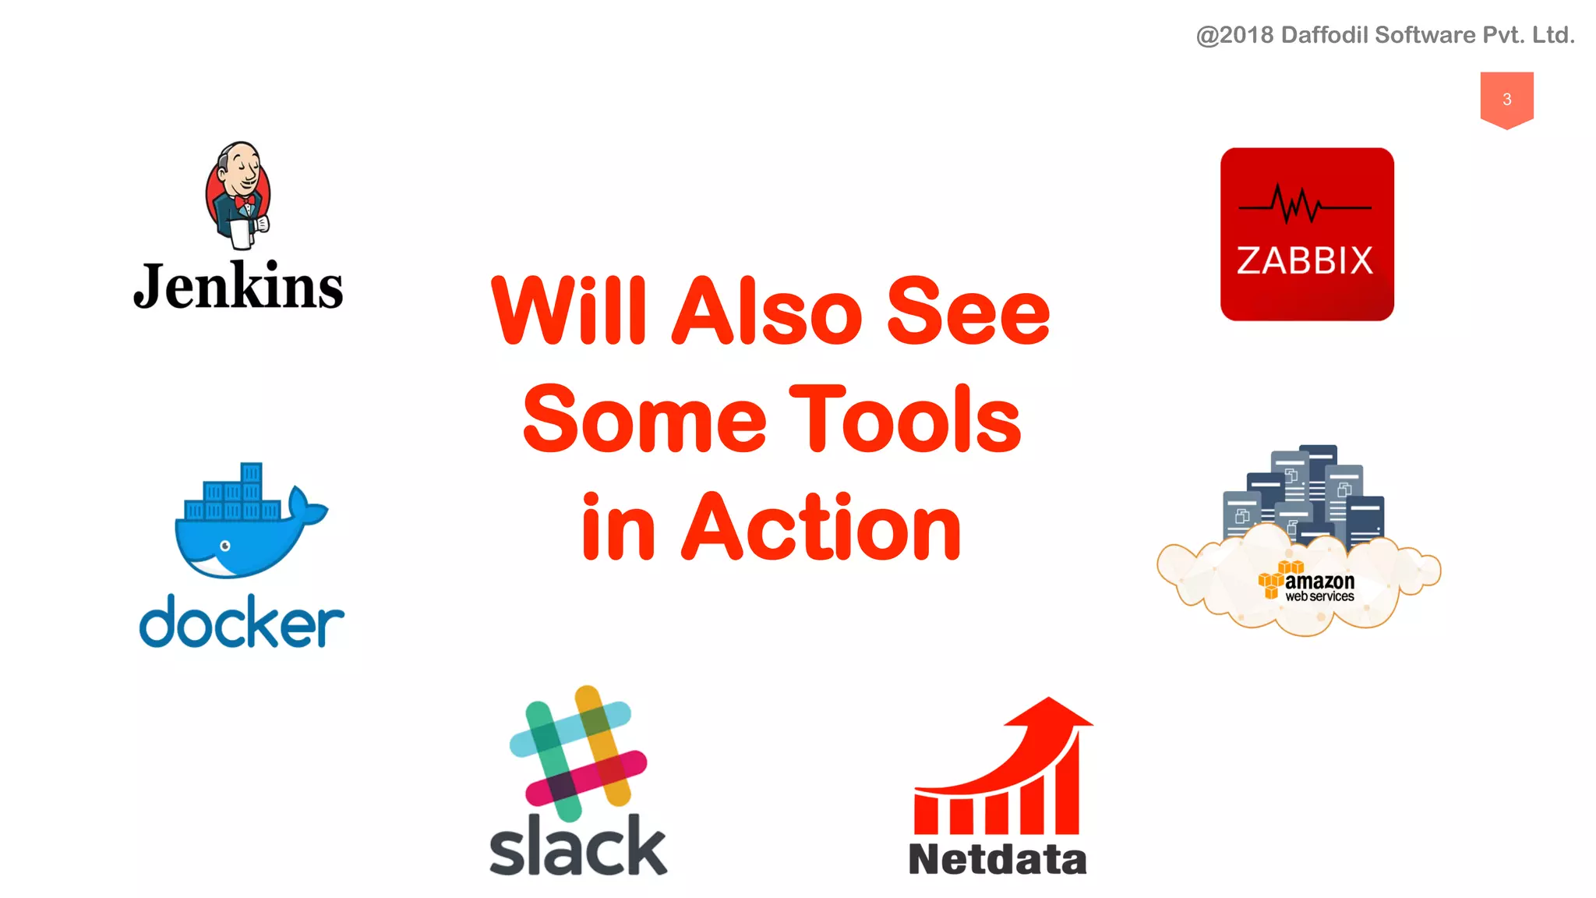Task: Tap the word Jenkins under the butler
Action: coord(238,287)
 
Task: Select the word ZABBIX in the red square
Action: coord(1305,261)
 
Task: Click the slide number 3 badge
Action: coord(1506,99)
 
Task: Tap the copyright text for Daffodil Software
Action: coord(1386,35)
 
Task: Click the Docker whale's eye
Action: coord(225,546)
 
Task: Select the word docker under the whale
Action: coord(242,622)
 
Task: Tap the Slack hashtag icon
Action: coord(578,753)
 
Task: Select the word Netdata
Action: coord(997,860)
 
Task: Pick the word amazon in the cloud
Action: coord(1319,582)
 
